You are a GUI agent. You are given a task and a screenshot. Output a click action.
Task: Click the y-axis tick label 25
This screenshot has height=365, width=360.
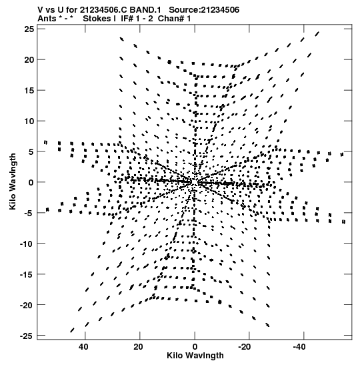pyautogui.click(x=29, y=29)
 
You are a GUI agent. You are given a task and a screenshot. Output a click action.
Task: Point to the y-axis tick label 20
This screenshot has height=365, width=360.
pyautogui.click(x=29, y=59)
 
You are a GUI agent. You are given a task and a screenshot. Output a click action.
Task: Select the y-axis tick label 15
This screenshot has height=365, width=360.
pyautogui.click(x=29, y=90)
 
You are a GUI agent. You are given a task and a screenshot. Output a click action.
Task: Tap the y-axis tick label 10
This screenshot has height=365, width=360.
pyautogui.click(x=29, y=121)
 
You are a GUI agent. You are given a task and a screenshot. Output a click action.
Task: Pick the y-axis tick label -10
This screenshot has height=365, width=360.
pyautogui.click(x=27, y=244)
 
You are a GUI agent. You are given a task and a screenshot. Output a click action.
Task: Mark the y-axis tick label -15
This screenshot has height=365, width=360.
pyautogui.click(x=27, y=274)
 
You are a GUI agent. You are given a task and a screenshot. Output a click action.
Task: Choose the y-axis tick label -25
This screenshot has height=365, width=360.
pyautogui.click(x=27, y=336)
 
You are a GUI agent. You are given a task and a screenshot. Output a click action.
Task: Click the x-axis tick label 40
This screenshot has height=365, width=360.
pyautogui.click(x=83, y=347)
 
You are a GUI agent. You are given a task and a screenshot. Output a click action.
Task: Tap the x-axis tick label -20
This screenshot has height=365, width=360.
pyautogui.click(x=245, y=347)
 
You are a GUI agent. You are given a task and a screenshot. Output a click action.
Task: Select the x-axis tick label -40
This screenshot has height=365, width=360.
pyautogui.click(x=299, y=347)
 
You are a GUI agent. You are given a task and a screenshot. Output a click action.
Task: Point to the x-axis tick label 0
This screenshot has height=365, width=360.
pyautogui.click(x=195, y=347)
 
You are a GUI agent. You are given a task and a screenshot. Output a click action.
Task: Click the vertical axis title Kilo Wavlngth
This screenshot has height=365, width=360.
pyautogui.click(x=13, y=181)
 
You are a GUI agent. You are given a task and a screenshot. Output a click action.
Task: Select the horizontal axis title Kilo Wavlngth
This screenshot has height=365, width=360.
pyautogui.click(x=195, y=356)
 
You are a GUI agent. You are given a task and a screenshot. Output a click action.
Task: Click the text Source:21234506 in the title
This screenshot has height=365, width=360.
pyautogui.click(x=204, y=10)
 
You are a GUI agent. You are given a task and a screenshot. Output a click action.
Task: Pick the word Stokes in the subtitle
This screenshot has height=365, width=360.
pyautogui.click(x=97, y=19)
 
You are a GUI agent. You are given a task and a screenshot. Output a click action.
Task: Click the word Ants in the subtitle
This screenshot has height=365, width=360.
pyautogui.click(x=46, y=19)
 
